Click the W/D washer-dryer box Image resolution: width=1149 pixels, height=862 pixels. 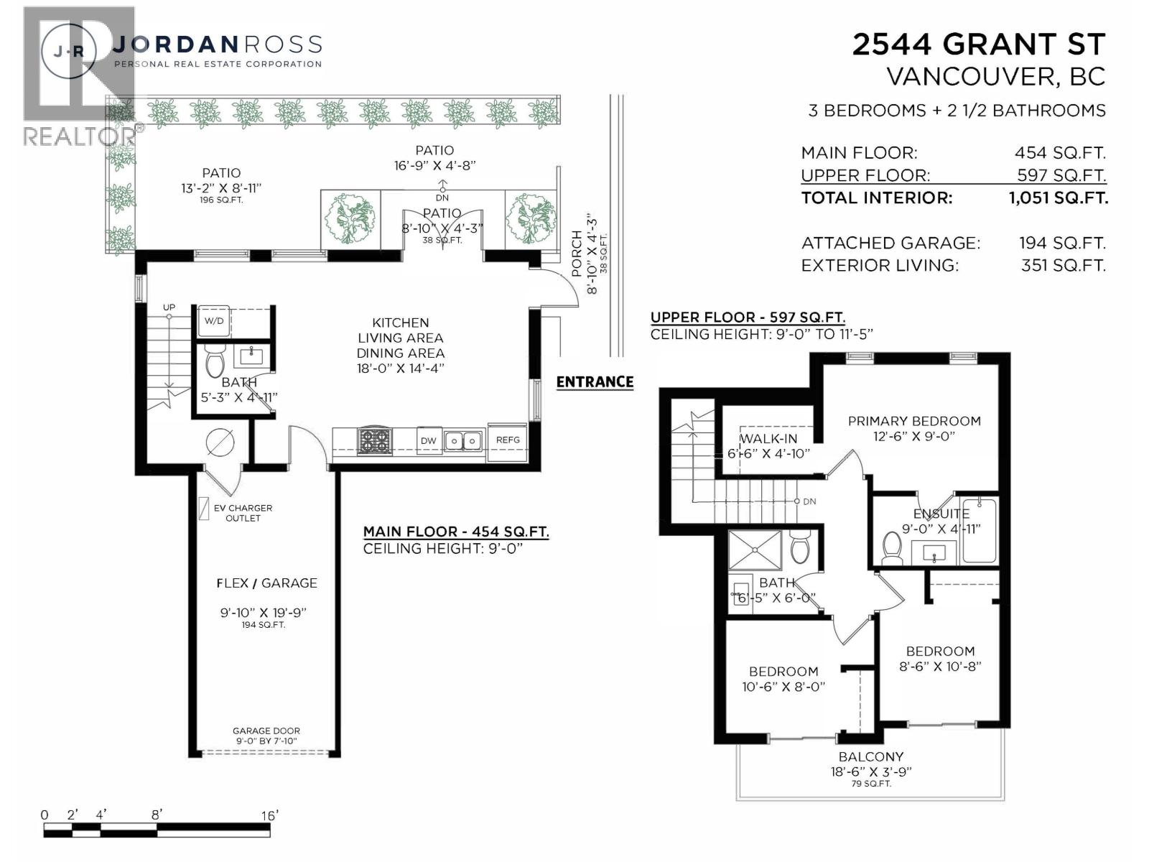pos(214,321)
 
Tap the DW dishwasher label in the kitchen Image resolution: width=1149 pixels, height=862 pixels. pos(428,440)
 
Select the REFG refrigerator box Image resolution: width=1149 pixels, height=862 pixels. pos(508,440)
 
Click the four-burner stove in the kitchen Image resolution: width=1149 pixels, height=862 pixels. pos(374,440)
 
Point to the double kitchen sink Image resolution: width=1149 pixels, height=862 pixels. pos(463,440)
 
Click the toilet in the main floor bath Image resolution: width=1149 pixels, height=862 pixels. pos(215,361)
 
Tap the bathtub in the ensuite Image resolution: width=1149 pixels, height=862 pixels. pos(978,530)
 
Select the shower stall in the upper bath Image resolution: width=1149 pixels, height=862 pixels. pos(755,550)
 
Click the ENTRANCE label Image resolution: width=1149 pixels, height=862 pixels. pos(595,382)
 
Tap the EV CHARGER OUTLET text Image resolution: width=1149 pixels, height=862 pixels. pos(243,513)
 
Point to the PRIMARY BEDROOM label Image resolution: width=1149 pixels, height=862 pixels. pos(914,421)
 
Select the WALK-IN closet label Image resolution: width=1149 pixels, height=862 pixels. pos(768,439)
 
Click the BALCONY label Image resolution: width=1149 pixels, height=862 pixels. pos(870,756)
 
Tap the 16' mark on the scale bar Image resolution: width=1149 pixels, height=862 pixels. pos(269,815)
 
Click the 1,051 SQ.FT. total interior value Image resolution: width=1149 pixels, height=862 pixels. pos(1059,198)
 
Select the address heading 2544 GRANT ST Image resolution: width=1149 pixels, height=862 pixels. pos(978,45)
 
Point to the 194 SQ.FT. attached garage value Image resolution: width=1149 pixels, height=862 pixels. pos(1062,244)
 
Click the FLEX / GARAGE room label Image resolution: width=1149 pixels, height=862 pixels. pos(266,583)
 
